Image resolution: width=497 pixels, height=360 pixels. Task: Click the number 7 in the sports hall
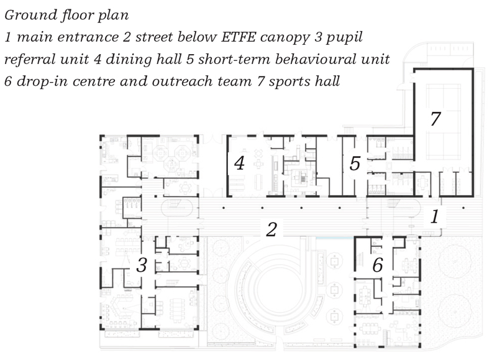pos(435,119)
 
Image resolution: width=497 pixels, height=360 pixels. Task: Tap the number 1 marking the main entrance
pos(435,217)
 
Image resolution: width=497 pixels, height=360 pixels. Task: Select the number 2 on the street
pos(271,229)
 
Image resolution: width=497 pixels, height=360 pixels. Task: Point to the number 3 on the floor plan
pos(142,265)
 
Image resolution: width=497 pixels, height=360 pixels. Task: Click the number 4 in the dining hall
pos(239,163)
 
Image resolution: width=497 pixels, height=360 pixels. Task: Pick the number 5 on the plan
pos(355,164)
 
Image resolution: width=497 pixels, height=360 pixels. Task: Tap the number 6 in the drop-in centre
pos(378,265)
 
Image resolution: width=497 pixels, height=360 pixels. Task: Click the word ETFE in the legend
pos(239,37)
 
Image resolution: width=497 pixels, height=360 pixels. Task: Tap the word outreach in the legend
pos(182,81)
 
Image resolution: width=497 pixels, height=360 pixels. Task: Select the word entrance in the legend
pos(88,37)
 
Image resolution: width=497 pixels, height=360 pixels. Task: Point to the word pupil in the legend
pos(344,38)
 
